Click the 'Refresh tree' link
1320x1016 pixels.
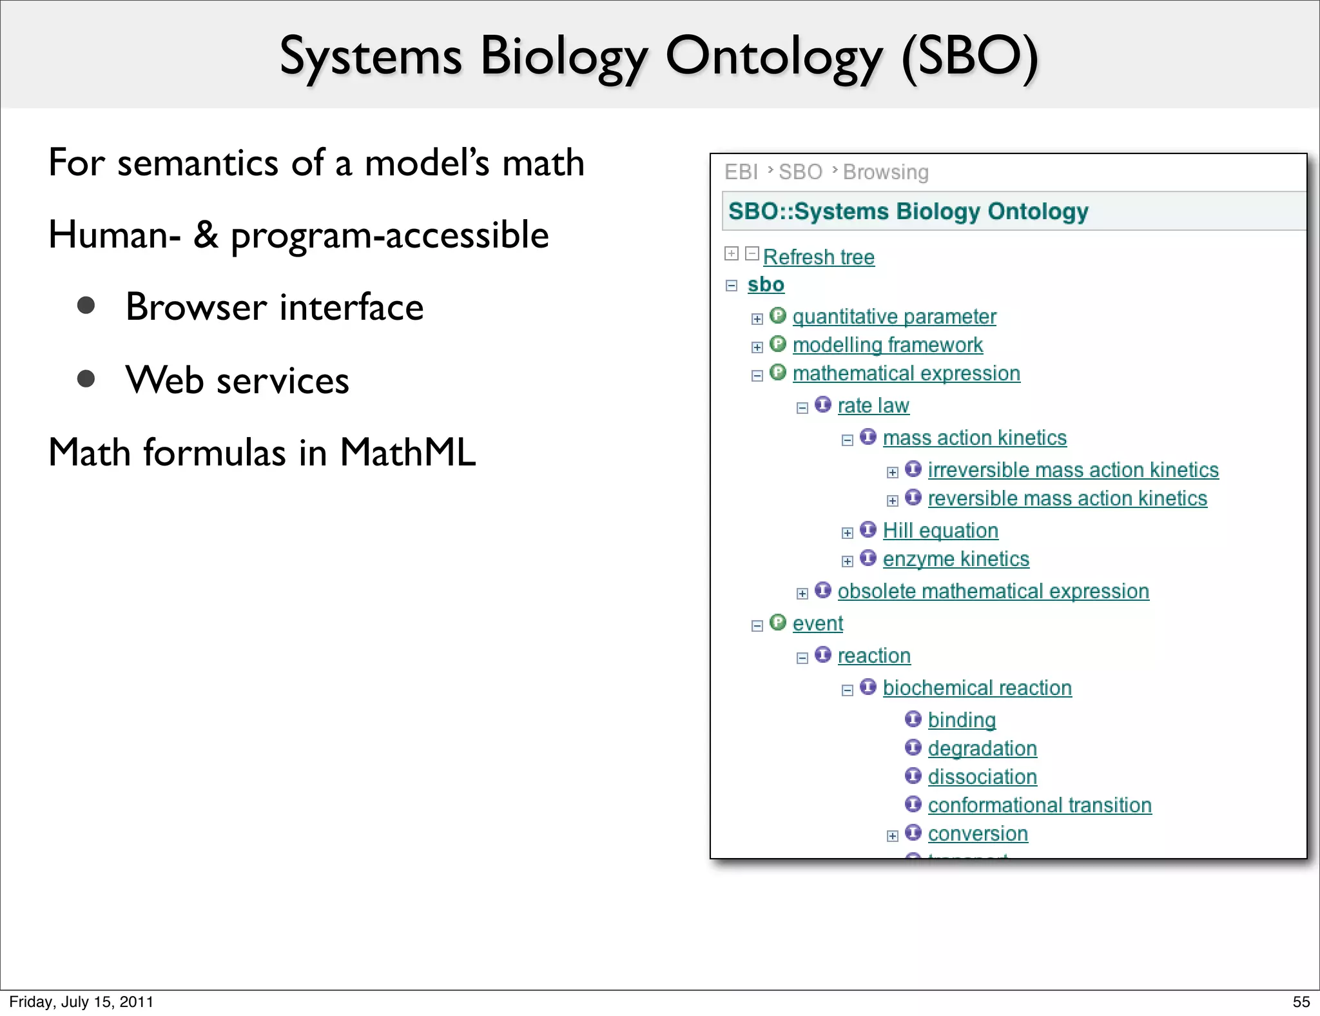819,257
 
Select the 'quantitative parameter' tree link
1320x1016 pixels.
894,317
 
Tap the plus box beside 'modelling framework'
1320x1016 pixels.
757,347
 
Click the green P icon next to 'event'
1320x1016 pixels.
778,622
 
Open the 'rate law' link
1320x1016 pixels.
873,405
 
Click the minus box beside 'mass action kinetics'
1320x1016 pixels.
848,440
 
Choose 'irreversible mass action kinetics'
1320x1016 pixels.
1072,470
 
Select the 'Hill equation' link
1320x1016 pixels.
940,531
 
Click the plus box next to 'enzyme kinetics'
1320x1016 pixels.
848,562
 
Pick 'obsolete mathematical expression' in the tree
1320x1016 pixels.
993,591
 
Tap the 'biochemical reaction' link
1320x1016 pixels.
976,688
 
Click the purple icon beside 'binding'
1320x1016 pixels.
913,719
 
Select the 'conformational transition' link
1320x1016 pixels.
1039,805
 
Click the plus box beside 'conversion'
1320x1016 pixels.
893,836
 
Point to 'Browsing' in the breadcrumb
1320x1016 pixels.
886,172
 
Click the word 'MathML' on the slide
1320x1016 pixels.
407,452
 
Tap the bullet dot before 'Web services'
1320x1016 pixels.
86,378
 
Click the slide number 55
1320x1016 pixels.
1301,1002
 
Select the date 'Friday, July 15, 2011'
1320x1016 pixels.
81,1002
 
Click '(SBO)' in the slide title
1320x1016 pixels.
969,57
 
